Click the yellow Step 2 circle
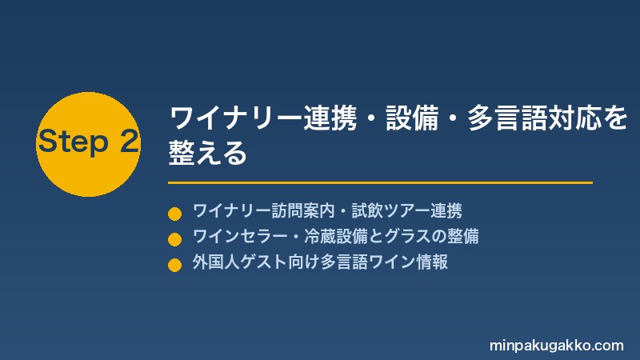(x=88, y=145)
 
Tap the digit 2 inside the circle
(x=130, y=142)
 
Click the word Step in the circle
(x=74, y=142)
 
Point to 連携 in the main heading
(x=330, y=118)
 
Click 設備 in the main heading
(x=412, y=118)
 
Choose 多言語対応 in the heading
(x=534, y=118)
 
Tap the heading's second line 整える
(x=208, y=153)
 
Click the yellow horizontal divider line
(x=380, y=183)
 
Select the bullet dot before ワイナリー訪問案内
(x=174, y=214)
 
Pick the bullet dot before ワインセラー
(x=174, y=239)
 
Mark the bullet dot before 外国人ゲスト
(x=174, y=265)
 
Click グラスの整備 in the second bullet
(x=431, y=236)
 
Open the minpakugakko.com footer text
(x=556, y=346)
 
